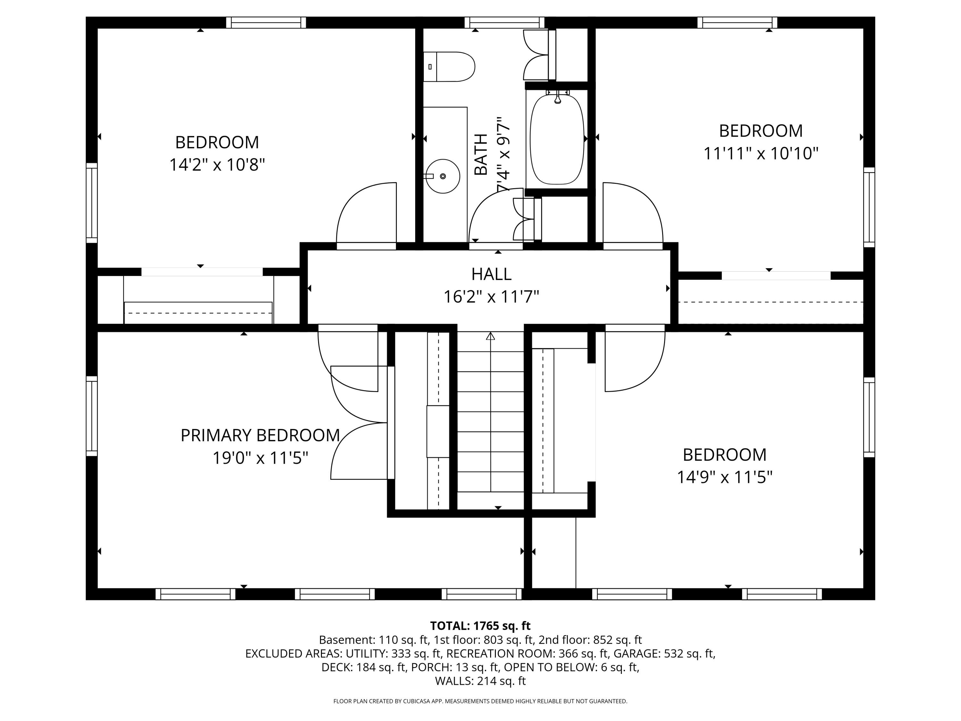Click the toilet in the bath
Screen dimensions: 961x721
click(x=449, y=67)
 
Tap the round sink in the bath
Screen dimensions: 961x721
click(x=442, y=176)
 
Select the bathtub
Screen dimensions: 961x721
click(x=557, y=139)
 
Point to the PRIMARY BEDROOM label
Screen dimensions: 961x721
click(x=260, y=435)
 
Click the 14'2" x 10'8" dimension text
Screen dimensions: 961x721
click(x=217, y=165)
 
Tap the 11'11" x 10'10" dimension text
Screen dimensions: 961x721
click(x=761, y=153)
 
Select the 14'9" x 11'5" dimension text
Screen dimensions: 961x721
click(x=725, y=477)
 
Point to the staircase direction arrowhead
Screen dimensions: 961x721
click(x=490, y=336)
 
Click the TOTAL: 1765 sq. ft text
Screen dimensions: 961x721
click(x=480, y=626)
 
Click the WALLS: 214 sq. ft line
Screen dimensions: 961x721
click(x=481, y=681)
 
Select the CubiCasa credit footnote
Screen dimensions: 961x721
click(x=480, y=701)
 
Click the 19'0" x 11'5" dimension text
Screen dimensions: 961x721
click(x=260, y=458)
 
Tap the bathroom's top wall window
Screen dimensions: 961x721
click(x=505, y=23)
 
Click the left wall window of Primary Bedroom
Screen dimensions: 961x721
click(x=92, y=416)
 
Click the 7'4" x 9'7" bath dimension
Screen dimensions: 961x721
click(x=504, y=154)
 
